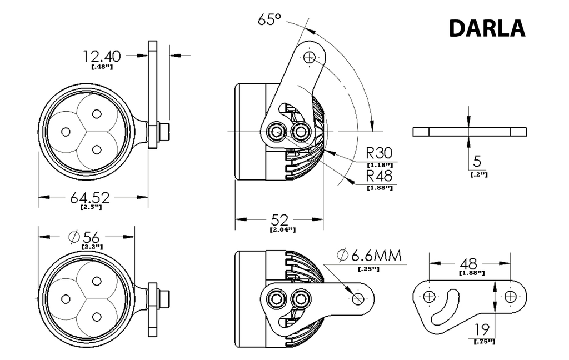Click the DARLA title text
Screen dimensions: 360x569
point(486,28)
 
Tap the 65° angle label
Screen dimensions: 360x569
point(269,19)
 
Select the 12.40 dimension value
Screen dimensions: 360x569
point(102,56)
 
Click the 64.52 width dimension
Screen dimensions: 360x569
point(90,197)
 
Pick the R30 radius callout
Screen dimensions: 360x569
point(379,153)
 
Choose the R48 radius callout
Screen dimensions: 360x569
point(379,176)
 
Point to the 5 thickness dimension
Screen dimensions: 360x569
point(476,162)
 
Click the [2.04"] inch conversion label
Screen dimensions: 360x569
point(282,229)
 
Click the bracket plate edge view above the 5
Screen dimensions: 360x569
point(470,132)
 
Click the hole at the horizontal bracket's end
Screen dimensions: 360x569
point(357,298)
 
